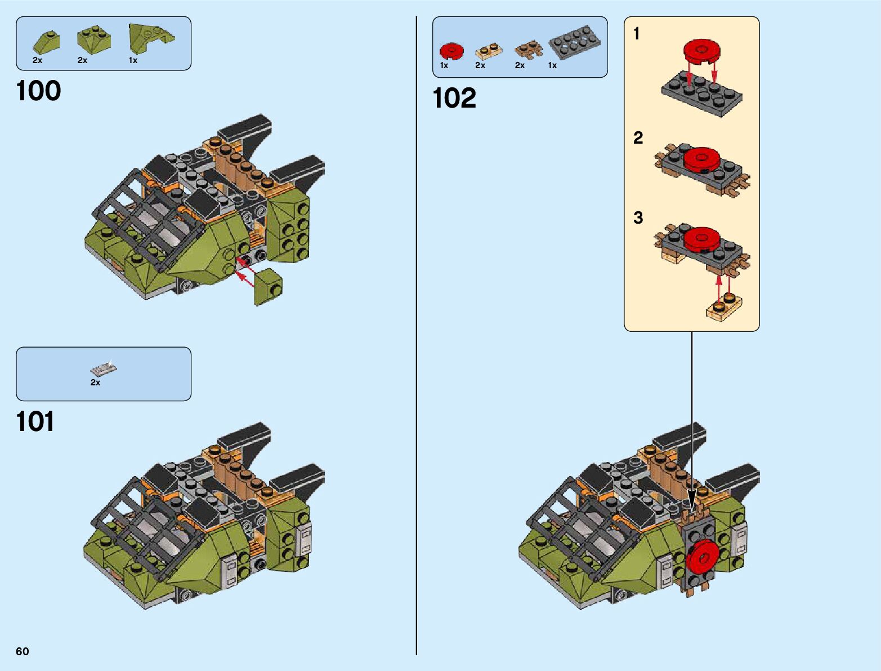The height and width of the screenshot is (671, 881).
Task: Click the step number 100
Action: point(38,91)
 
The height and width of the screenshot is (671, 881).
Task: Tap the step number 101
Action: point(35,421)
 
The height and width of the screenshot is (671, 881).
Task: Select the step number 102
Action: point(454,98)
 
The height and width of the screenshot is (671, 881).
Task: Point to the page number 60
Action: point(22,651)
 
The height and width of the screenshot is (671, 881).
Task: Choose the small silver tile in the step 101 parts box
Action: point(104,369)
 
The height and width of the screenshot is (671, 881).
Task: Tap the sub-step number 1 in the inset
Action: point(637,34)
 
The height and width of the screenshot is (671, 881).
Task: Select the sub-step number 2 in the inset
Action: point(638,137)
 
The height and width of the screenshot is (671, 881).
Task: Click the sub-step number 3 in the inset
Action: point(638,217)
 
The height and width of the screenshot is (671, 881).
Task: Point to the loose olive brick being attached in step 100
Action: point(268,287)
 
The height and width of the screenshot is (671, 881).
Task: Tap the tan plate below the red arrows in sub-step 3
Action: point(724,308)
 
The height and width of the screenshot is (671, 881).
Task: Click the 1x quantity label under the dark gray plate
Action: point(552,65)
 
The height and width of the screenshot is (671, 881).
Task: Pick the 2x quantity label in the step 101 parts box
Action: point(95,383)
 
